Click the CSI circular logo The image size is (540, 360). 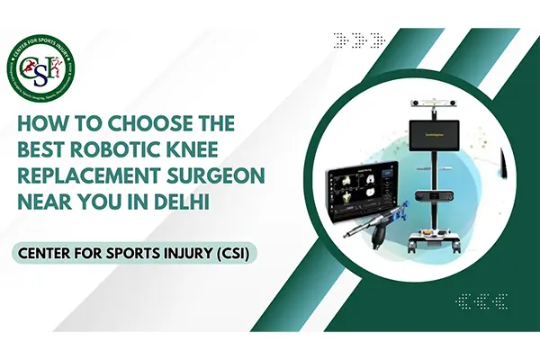click(x=44, y=64)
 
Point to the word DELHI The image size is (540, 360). click(x=180, y=204)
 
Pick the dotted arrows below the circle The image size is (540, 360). click(x=481, y=301)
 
